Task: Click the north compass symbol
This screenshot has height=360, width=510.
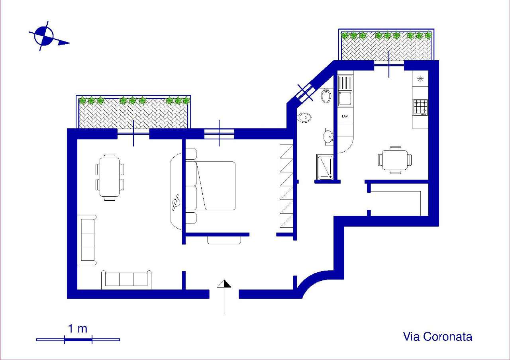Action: tap(44, 36)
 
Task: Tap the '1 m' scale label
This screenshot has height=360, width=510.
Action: tap(78, 329)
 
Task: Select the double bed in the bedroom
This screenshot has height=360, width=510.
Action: tap(210, 186)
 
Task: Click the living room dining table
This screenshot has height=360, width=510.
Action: tap(110, 177)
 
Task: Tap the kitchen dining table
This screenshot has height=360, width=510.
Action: tap(395, 160)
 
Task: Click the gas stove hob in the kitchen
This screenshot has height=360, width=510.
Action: tap(420, 107)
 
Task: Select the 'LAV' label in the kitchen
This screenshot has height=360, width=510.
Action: tap(345, 116)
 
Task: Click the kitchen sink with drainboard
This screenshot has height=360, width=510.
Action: tap(345, 91)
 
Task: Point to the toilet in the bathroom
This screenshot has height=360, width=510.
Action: tap(304, 117)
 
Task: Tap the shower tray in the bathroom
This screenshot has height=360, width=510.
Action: tap(325, 167)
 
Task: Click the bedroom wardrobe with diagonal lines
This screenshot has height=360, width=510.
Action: tap(286, 186)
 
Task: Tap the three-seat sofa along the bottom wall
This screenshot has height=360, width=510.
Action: tap(126, 280)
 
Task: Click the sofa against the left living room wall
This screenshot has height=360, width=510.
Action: tap(87, 240)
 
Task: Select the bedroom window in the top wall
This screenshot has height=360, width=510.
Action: tap(219, 134)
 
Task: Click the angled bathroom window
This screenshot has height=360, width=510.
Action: tap(305, 92)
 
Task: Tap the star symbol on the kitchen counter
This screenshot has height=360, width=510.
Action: tap(420, 79)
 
